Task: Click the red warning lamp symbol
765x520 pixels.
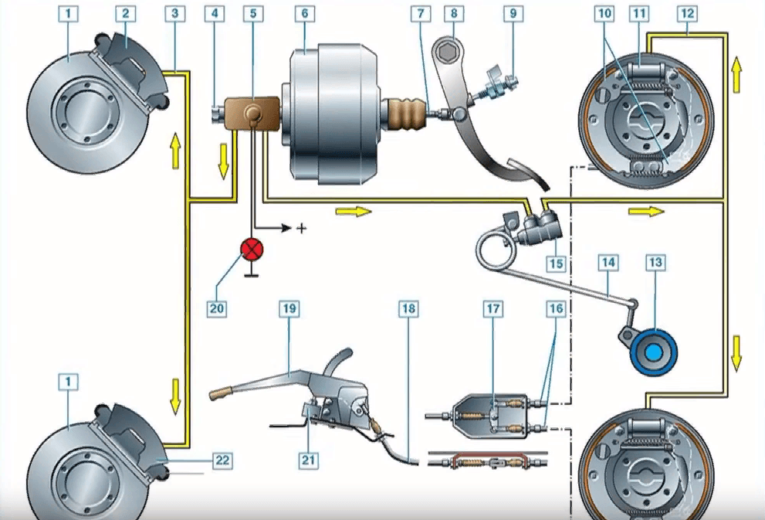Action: pyautogui.click(x=252, y=249)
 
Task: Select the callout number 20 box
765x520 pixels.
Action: pyautogui.click(x=217, y=308)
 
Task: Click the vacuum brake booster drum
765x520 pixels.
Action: pyautogui.click(x=332, y=114)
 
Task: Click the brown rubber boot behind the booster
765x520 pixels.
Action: pyautogui.click(x=405, y=114)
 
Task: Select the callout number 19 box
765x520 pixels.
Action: pyautogui.click(x=289, y=308)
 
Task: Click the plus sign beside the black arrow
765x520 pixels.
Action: pyautogui.click(x=302, y=229)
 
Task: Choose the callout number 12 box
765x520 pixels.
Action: pyautogui.click(x=688, y=14)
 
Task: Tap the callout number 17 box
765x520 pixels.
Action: pyautogui.click(x=493, y=308)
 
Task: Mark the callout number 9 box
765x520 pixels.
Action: pyautogui.click(x=511, y=14)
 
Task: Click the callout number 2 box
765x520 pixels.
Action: pyautogui.click(x=124, y=14)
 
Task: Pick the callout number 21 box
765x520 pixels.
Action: pyautogui.click(x=307, y=460)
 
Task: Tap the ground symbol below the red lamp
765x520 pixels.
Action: pyautogui.click(x=252, y=273)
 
